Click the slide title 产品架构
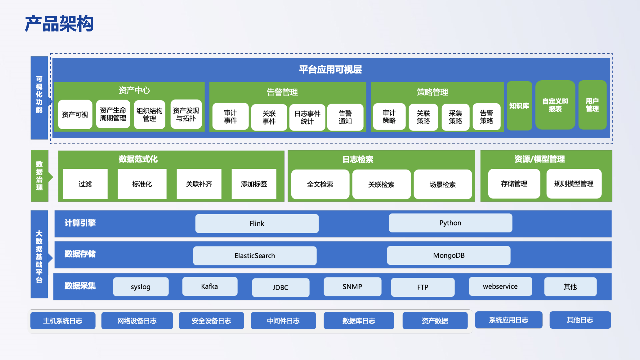pos(59,24)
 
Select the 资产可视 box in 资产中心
pos(75,114)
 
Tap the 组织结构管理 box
pos(149,114)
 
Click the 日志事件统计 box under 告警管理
pos(307,117)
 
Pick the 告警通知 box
pos(345,117)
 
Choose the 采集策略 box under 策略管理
pos(455,117)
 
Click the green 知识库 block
pos(519,106)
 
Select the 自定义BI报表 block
pos(555,105)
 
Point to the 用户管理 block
pos(592,105)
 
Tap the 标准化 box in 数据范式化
pos(142,184)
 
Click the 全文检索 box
pos(320,184)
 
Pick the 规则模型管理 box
pos(574,184)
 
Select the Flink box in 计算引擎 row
pos(257,223)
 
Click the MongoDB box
pos(449,255)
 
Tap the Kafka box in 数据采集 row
pos(210,286)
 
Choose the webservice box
pos(500,286)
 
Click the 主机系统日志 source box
pos(63,321)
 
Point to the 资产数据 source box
pos(435,321)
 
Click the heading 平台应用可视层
pos(330,69)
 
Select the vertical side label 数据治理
pos(39,176)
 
